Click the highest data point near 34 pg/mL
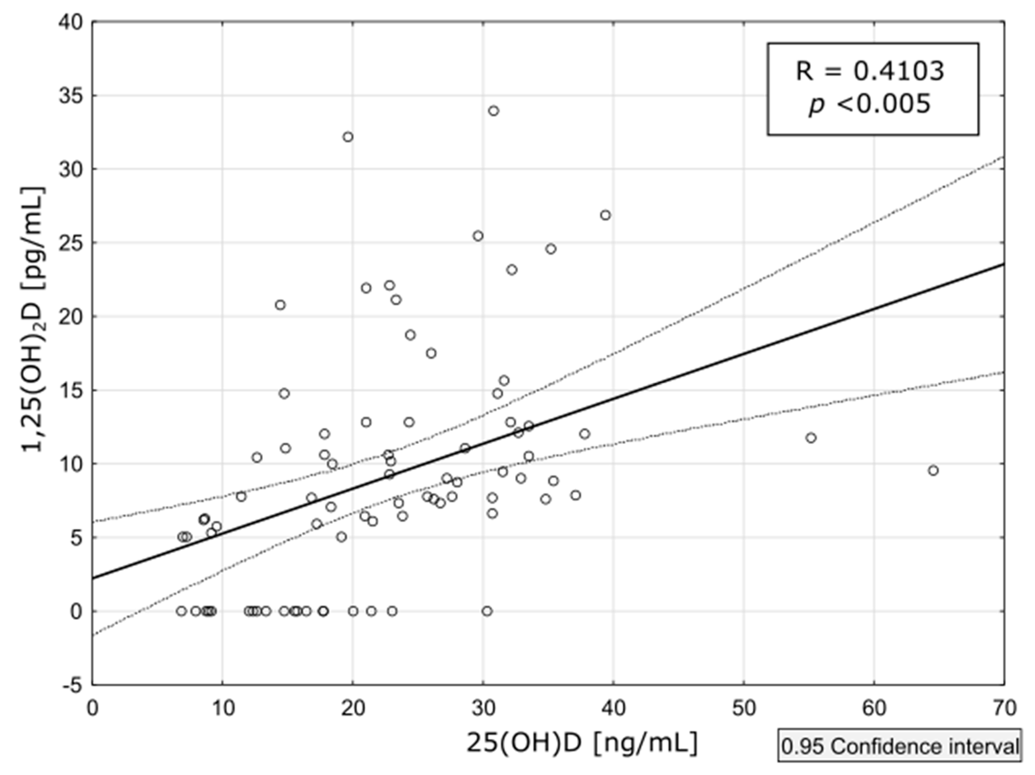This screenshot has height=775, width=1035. (x=493, y=111)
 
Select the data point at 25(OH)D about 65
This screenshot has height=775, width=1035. (x=933, y=471)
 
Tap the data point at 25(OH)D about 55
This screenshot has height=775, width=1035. (x=811, y=438)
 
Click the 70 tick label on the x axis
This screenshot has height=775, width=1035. (x=1004, y=709)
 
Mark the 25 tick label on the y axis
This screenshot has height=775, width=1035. (x=71, y=243)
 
